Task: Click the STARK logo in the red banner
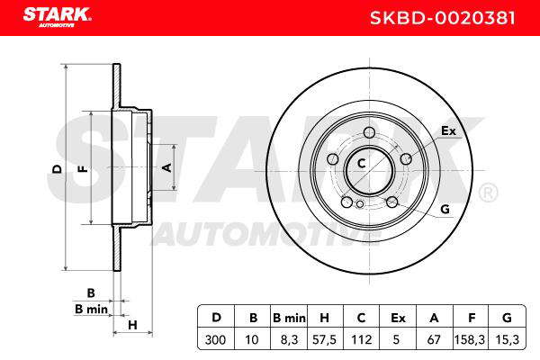57,16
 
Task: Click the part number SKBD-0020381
443,18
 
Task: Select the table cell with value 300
216,339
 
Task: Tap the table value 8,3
289,339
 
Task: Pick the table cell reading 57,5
324,339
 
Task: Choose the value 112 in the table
361,339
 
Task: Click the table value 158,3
470,339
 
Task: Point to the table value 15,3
507,339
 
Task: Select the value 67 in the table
434,339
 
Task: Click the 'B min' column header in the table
289,318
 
